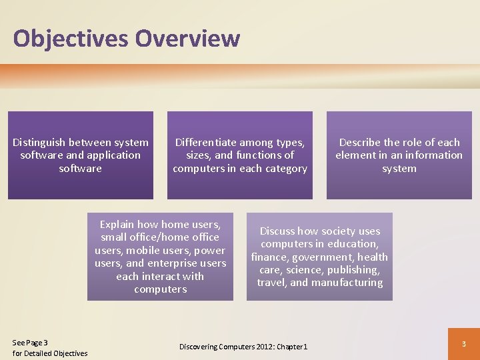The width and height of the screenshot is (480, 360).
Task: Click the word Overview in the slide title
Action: point(187,38)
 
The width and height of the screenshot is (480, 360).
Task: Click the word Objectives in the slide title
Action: point(71,38)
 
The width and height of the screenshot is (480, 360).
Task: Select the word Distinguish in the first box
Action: point(41,142)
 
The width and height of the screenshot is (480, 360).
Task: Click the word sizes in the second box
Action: point(199,155)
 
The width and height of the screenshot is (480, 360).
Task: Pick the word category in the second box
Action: point(285,169)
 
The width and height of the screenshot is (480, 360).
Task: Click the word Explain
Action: point(117,225)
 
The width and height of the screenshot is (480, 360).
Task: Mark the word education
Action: point(354,244)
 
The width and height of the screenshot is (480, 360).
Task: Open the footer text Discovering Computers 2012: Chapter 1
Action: point(243,347)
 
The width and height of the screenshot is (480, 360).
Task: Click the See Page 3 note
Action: point(31,342)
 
